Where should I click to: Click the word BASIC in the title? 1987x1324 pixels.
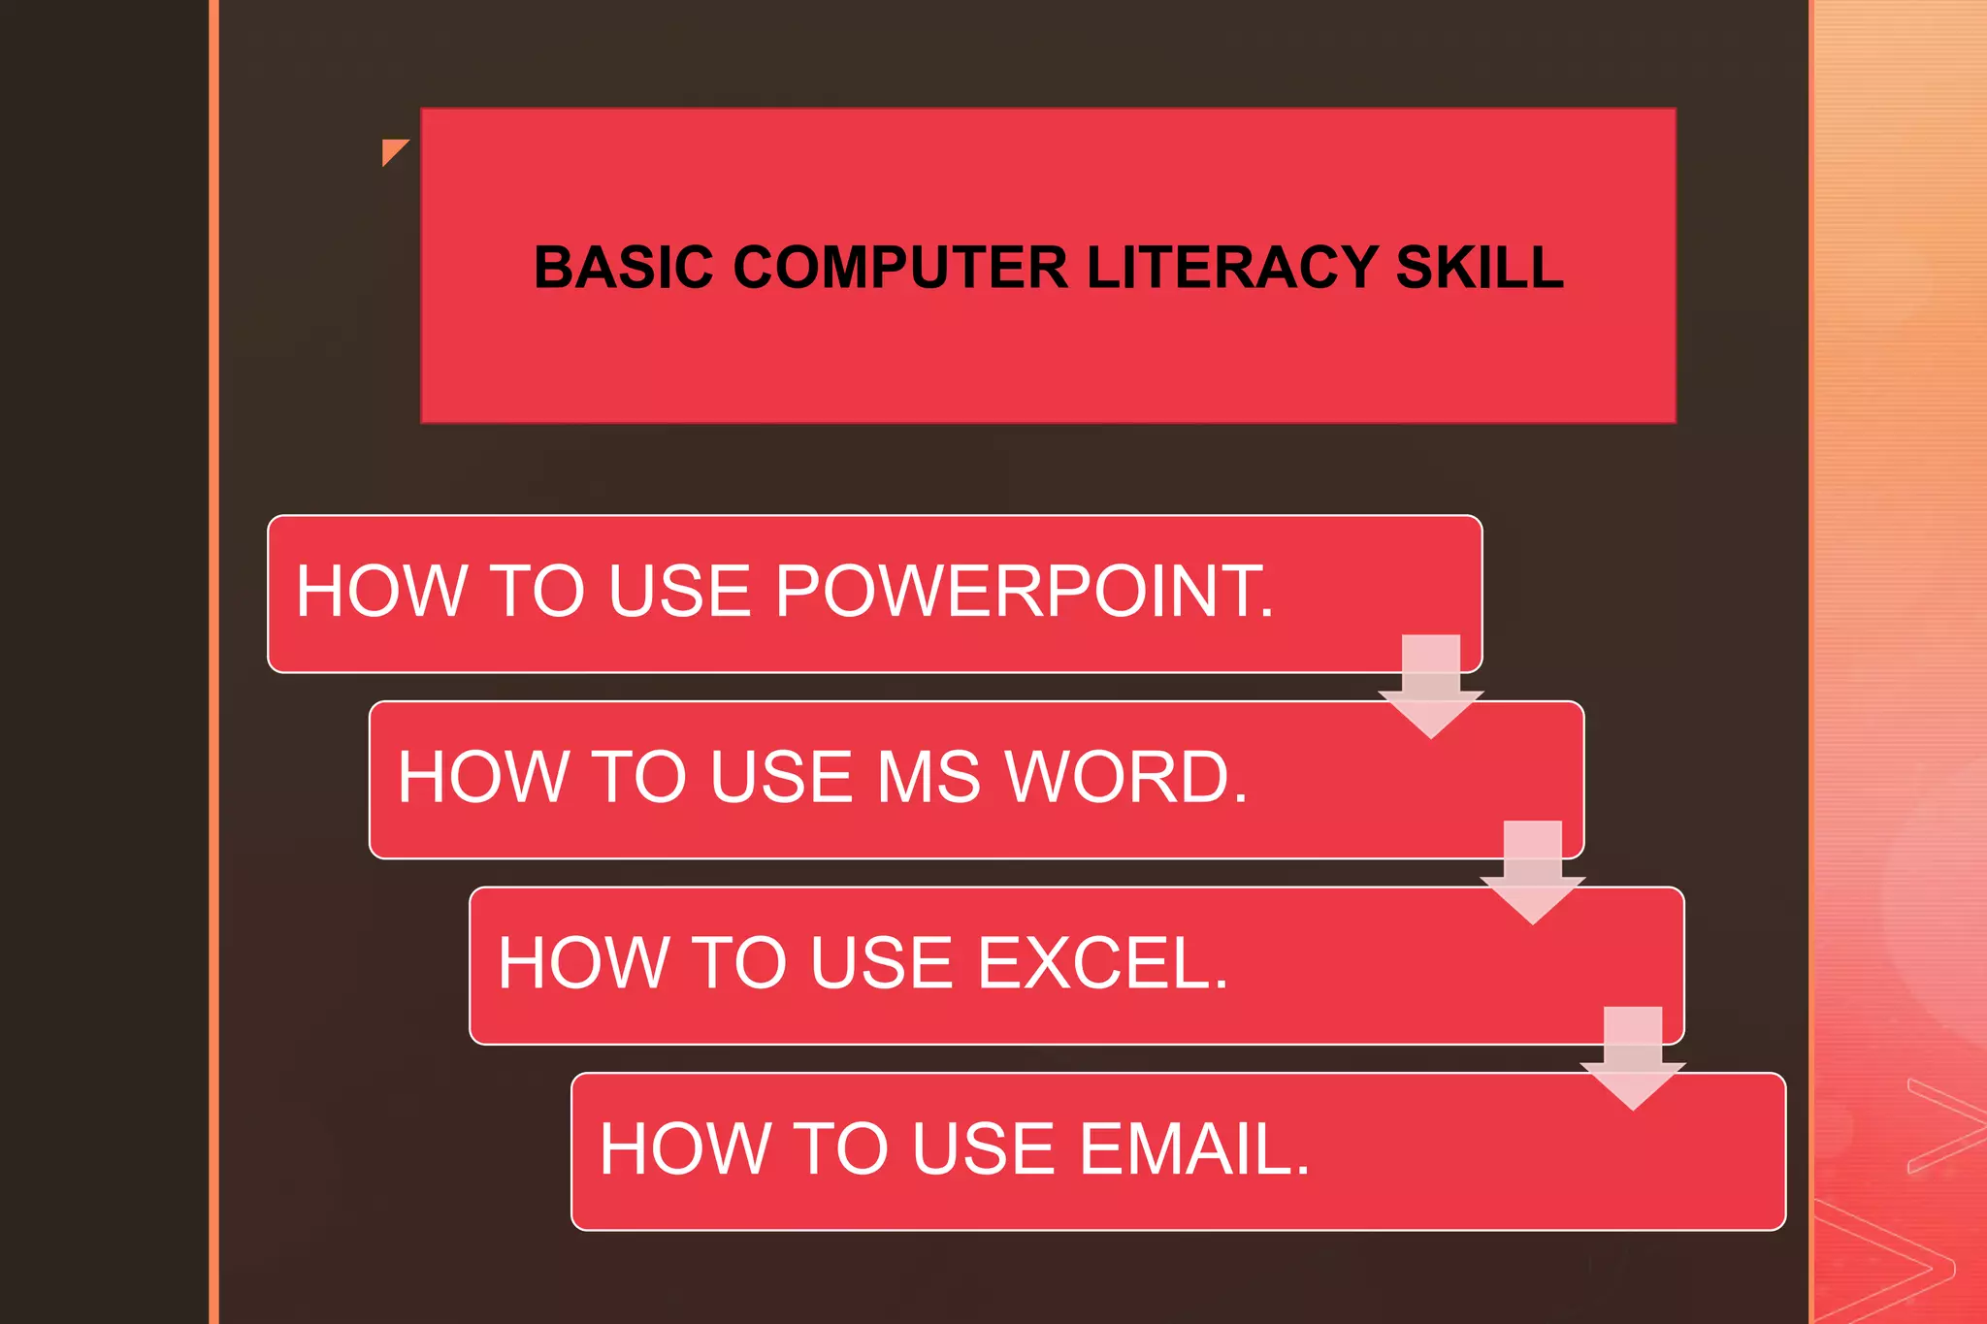click(x=623, y=268)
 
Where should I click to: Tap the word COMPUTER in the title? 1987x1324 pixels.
click(x=899, y=268)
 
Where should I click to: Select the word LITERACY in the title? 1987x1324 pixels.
click(x=1231, y=268)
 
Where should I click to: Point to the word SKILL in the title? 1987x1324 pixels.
click(x=1479, y=268)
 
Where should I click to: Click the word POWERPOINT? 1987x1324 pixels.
click(x=1024, y=591)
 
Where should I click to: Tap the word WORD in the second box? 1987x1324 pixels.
click(x=1125, y=777)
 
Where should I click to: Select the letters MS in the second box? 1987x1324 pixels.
click(x=928, y=777)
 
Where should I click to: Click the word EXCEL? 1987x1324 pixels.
click(x=1102, y=963)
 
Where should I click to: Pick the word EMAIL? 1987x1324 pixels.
click(x=1194, y=1149)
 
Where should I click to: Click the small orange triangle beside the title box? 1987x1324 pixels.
click(x=392, y=149)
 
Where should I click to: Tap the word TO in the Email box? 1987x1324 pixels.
click(x=840, y=1149)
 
